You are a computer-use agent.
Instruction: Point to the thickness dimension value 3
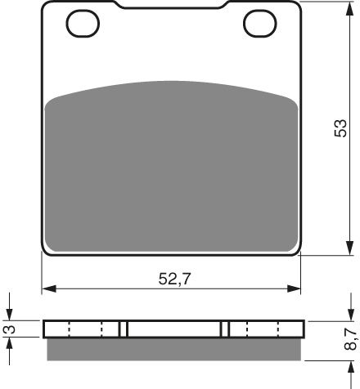point(9,328)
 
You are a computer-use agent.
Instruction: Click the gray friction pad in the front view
point(172,163)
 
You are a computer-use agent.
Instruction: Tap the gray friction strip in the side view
point(172,348)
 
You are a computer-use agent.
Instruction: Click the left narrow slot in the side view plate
point(124,328)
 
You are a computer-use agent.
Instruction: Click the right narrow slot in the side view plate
point(226,328)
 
